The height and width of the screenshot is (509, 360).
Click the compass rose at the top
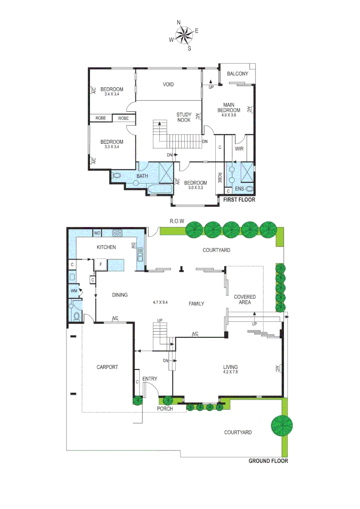(183, 35)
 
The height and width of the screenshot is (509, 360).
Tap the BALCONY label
(237, 74)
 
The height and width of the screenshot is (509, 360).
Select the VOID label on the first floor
(168, 85)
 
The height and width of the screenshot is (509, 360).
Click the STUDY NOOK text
(184, 117)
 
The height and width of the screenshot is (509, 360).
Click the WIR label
(239, 149)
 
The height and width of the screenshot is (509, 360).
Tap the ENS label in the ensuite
(240, 189)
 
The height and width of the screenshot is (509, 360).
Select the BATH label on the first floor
(142, 177)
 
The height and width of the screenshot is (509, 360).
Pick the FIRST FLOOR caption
(239, 200)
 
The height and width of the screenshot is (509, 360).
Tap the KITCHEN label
(106, 247)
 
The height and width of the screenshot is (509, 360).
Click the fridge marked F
(100, 264)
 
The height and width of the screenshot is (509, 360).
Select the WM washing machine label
(74, 291)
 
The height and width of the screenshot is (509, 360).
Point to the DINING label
(120, 296)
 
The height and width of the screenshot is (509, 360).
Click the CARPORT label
(107, 367)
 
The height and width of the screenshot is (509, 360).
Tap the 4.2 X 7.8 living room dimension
(230, 372)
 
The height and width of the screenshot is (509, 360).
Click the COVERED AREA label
(245, 300)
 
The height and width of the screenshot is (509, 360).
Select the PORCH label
(165, 409)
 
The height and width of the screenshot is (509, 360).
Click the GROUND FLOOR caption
(268, 461)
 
